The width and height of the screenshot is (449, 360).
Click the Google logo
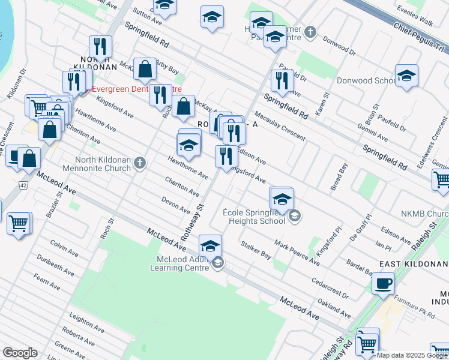[20, 353]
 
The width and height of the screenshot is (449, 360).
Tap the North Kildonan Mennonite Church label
[103, 164]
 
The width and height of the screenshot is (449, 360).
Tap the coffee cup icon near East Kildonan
[383, 283]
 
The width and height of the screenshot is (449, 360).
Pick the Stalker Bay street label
[256, 250]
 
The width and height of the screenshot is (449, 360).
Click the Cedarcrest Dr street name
[330, 287]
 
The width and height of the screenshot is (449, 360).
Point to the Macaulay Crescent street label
[280, 125]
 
